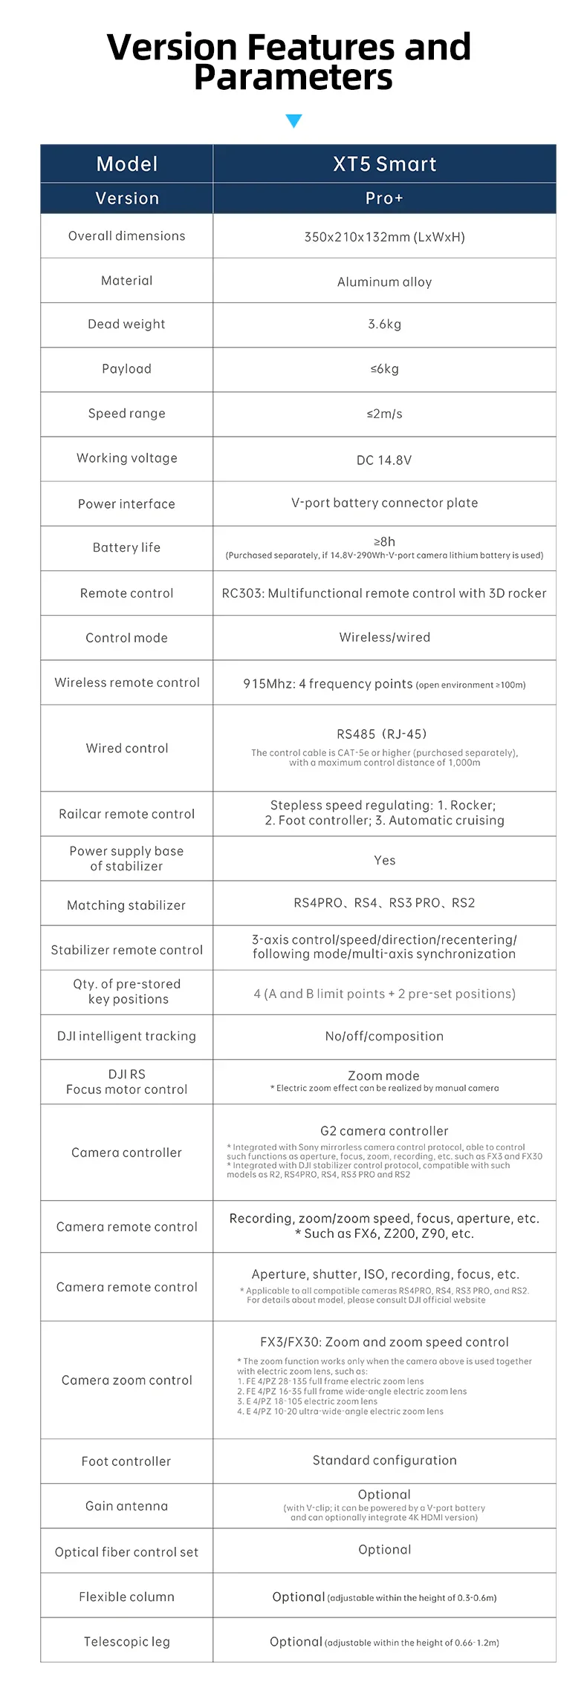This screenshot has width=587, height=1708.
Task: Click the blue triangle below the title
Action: pyautogui.click(x=293, y=121)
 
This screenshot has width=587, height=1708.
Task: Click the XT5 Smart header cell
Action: pyautogui.click(x=384, y=164)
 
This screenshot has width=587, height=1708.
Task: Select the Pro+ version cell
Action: pyautogui.click(x=384, y=198)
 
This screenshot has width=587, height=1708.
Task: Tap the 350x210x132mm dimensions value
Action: pyautogui.click(x=384, y=237)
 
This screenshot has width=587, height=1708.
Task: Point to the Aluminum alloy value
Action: pyautogui.click(x=384, y=282)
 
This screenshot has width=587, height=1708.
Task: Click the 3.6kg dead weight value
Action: pyautogui.click(x=384, y=325)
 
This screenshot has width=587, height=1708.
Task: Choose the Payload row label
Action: pyautogui.click(x=126, y=369)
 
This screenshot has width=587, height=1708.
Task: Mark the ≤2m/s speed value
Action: pyautogui.click(x=384, y=414)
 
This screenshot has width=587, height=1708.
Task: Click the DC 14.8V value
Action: pyautogui.click(x=384, y=460)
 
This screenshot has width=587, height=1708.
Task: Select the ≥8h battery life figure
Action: pyautogui.click(x=384, y=541)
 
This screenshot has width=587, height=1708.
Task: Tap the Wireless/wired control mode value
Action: pyautogui.click(x=384, y=637)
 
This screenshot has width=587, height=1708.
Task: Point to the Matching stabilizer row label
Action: pyautogui.click(x=126, y=905)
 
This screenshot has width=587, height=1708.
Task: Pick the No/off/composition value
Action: pyautogui.click(x=384, y=1036)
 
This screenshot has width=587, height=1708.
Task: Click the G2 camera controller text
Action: pyautogui.click(x=384, y=1131)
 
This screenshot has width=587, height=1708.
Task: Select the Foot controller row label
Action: pyautogui.click(x=126, y=1461)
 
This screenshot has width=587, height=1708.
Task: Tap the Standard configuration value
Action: pyautogui.click(x=384, y=1460)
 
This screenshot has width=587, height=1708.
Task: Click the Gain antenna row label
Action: pyautogui.click(x=126, y=1506)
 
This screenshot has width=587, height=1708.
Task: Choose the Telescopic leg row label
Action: pyautogui.click(x=126, y=1642)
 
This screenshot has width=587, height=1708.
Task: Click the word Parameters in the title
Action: pyautogui.click(x=293, y=78)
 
